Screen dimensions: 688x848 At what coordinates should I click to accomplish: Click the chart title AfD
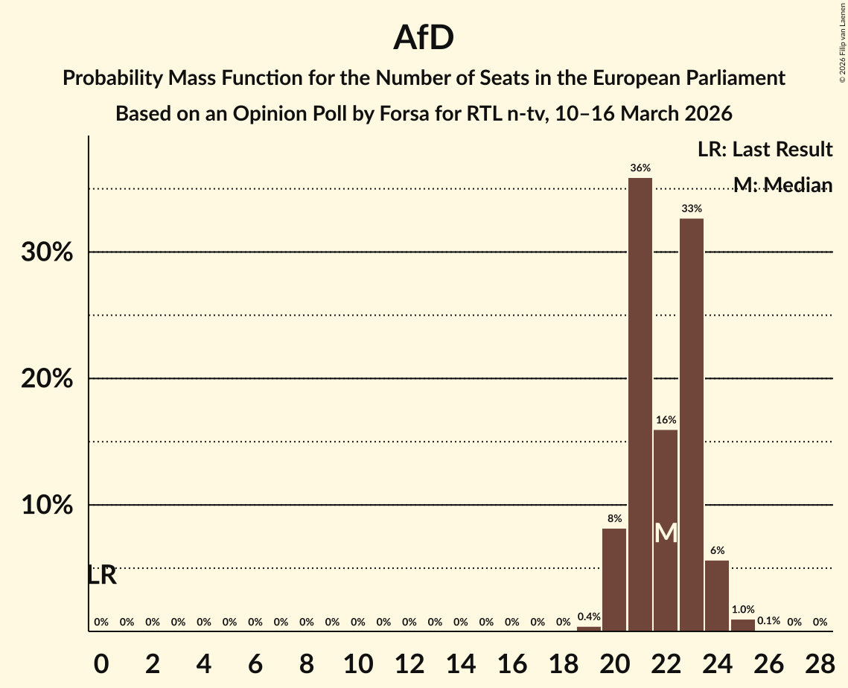tap(424, 38)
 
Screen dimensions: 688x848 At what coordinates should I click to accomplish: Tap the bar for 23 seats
tap(692, 424)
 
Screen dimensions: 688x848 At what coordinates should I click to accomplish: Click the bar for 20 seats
tap(614, 579)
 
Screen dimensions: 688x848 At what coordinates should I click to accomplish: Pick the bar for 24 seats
tap(717, 596)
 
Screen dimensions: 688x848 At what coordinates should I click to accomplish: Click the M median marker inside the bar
tap(666, 533)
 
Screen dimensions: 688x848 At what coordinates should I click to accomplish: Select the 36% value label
tap(640, 168)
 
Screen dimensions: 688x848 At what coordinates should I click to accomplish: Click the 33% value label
tap(692, 209)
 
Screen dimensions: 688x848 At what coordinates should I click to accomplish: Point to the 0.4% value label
tap(589, 617)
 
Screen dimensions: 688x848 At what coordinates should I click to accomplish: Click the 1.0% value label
tap(743, 610)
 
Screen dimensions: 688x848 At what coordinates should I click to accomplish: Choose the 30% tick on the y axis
tap(47, 252)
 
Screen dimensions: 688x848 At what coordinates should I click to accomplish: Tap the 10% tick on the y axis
tap(47, 506)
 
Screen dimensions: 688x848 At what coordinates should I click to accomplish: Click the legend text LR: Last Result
tap(765, 150)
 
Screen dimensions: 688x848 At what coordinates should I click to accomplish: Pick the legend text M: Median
tap(782, 185)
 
